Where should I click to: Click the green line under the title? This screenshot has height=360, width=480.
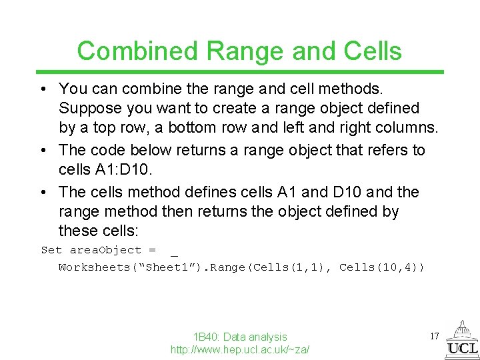[x=240, y=72]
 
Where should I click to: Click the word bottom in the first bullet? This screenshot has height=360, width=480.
[x=217, y=127]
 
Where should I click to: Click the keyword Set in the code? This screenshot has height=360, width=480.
[x=51, y=250]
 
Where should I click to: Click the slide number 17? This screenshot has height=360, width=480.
[x=434, y=336]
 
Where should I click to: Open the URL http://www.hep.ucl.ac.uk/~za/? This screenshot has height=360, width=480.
[x=240, y=349]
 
